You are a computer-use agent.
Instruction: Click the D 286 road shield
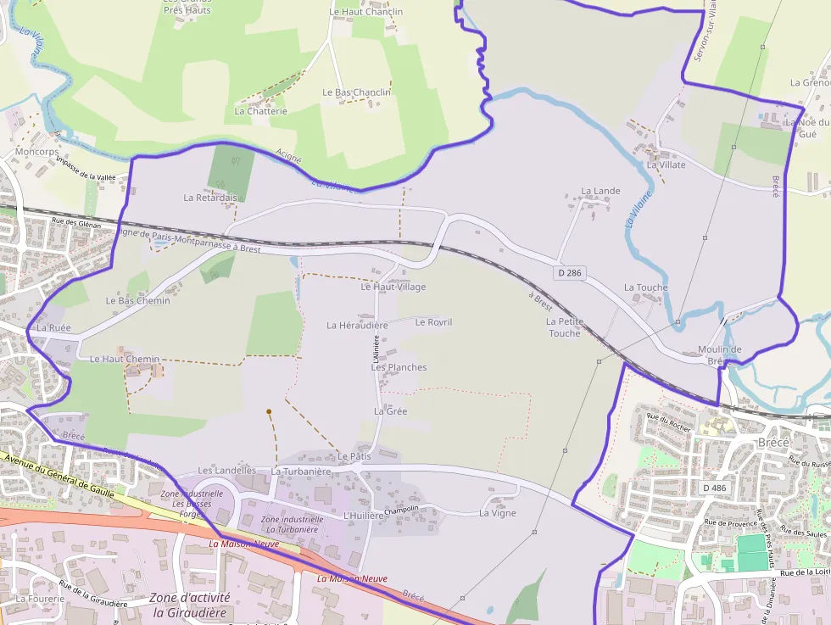571,273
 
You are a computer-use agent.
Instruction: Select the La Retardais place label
211,198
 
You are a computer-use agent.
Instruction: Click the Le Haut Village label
393,287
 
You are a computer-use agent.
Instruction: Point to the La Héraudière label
357,325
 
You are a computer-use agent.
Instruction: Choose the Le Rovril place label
433,322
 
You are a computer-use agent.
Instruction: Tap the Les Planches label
399,367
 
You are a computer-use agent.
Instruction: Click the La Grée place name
390,411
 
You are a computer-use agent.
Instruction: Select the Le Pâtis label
354,456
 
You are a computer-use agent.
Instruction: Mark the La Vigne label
497,513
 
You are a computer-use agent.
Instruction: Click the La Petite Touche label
564,327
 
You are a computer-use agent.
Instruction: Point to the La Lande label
600,192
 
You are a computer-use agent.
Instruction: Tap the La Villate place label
666,165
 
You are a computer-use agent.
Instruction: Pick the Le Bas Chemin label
137,300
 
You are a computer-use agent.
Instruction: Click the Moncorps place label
37,152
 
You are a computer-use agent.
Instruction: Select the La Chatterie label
260,111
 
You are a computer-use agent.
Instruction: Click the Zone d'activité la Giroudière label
189,605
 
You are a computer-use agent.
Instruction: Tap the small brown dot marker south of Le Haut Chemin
269,412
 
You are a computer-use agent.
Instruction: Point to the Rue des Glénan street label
76,224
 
